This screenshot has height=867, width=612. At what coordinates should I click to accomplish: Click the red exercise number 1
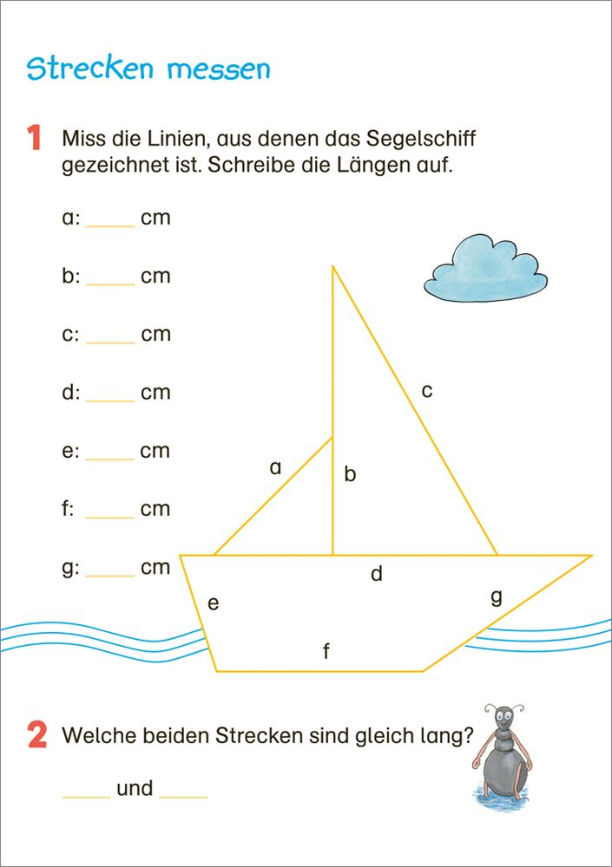[x=35, y=139]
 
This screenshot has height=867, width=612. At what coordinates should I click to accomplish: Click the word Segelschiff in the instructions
[x=417, y=139]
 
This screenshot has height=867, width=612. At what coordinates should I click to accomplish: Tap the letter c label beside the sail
[x=427, y=391]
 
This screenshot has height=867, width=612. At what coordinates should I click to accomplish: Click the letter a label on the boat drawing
[x=276, y=468]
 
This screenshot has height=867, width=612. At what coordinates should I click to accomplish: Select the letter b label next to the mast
[x=350, y=474]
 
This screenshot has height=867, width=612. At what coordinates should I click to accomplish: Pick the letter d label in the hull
[x=377, y=574]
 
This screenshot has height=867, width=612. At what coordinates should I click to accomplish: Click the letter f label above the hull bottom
[x=326, y=651]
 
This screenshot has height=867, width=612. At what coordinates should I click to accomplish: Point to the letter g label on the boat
[x=497, y=597]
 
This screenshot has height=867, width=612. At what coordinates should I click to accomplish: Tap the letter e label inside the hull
[x=213, y=603]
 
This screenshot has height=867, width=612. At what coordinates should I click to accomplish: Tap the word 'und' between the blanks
[x=135, y=788]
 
